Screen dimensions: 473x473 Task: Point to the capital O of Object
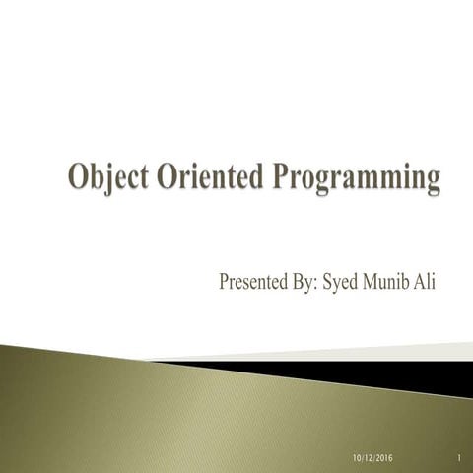[78, 180]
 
